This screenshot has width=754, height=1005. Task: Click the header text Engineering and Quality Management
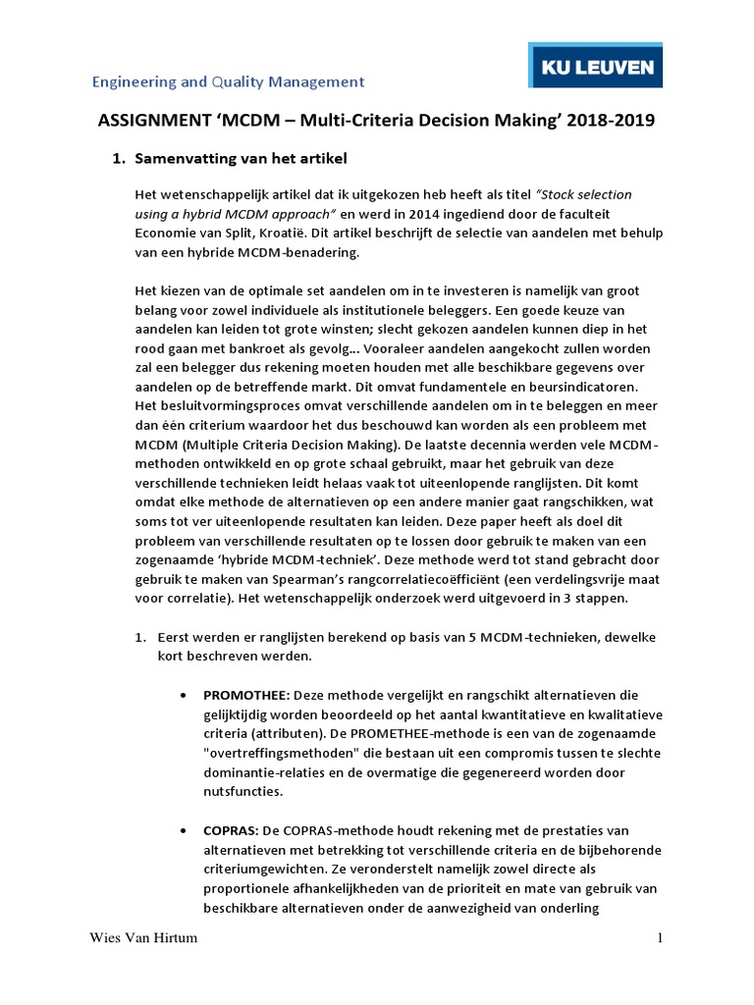pyautogui.click(x=228, y=81)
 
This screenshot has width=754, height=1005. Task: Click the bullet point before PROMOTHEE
pyautogui.click(x=186, y=695)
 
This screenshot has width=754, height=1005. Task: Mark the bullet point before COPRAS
pyautogui.click(x=186, y=831)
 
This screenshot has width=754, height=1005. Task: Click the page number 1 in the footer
pyautogui.click(x=661, y=938)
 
